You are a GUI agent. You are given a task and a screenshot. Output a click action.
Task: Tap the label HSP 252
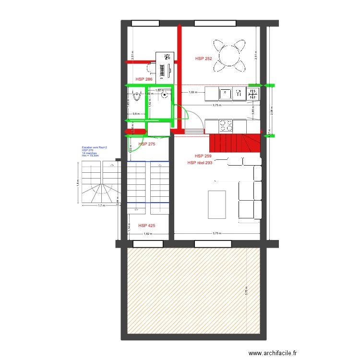click(x=204, y=59)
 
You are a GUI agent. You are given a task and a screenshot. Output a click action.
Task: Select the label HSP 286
click(x=144, y=79)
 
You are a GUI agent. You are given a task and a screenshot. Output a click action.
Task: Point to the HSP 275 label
click(x=146, y=144)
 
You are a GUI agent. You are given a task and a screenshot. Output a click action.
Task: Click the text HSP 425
click(x=146, y=225)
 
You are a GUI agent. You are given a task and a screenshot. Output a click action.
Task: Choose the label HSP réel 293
click(x=200, y=163)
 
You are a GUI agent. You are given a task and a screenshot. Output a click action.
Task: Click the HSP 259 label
click(x=203, y=156)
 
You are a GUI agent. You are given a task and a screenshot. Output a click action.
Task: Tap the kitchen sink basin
click(x=226, y=93)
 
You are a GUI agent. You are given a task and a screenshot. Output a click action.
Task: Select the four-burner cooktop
click(x=226, y=126)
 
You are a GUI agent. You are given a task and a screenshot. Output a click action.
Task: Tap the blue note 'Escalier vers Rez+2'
click(x=94, y=147)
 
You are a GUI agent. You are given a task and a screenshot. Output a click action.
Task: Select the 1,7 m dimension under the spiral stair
click(x=101, y=206)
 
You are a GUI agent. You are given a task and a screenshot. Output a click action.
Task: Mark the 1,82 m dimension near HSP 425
click(x=147, y=234)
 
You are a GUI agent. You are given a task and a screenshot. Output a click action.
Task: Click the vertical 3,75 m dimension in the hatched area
click(x=246, y=291)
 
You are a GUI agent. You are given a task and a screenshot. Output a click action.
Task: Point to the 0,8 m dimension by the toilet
click(x=136, y=114)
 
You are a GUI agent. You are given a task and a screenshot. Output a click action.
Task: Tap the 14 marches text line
click(x=89, y=153)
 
